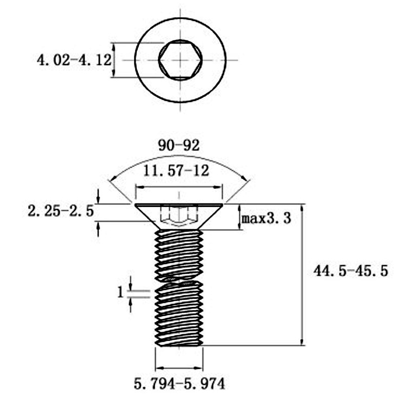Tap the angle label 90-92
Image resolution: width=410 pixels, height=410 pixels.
tap(178, 145)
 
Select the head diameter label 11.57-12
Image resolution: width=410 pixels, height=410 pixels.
tap(176, 171)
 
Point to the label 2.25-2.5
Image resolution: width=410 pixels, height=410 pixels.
tap(62, 211)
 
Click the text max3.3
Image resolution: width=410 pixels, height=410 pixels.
tap(266, 219)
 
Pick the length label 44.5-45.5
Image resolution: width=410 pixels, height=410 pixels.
tap(351, 271)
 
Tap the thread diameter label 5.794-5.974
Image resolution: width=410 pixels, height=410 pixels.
tap(179, 383)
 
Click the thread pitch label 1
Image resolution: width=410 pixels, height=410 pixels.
tap(120, 292)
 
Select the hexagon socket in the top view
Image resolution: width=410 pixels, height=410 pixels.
tap(180, 60)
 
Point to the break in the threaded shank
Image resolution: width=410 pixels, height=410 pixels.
tap(179, 280)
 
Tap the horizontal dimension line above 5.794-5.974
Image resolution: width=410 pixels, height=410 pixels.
tap(179, 367)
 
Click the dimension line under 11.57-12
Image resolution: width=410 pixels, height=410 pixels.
tap(179, 187)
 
